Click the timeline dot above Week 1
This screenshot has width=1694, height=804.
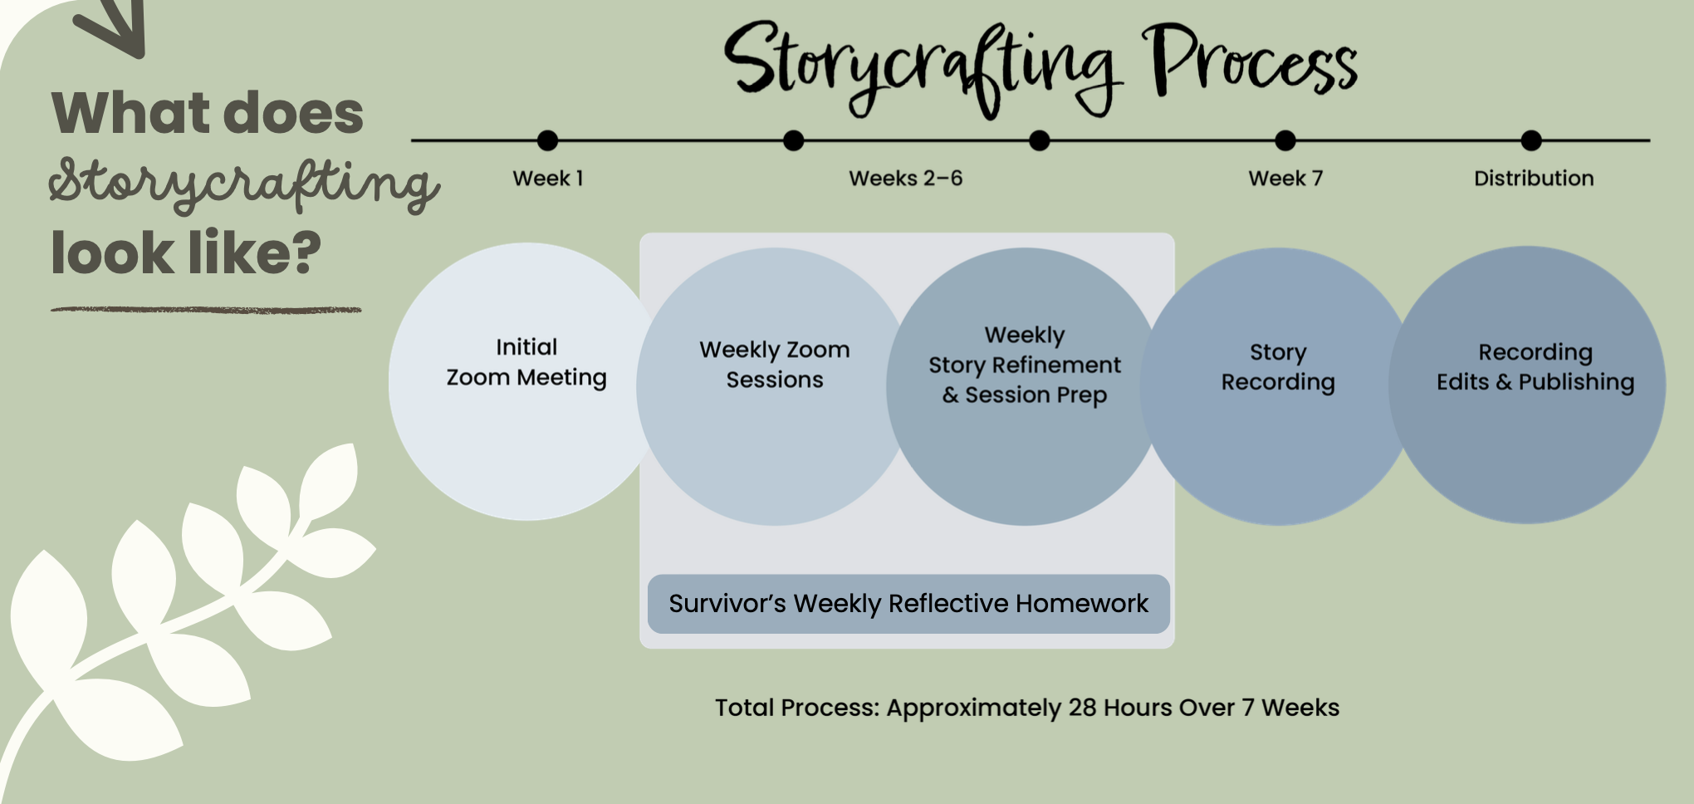pos(547,140)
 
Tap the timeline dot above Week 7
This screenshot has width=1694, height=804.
pos(1285,140)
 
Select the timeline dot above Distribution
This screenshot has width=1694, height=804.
pos(1531,140)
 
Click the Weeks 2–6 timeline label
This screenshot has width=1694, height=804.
pos(905,179)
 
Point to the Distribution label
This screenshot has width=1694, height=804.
pos(1534,179)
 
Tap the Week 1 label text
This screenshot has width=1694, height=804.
pos(548,179)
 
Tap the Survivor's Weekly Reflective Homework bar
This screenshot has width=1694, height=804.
pos(908,604)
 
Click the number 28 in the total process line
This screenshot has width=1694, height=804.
pos(1082,708)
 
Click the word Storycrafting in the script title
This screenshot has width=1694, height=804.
pos(922,66)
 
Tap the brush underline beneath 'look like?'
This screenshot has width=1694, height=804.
pos(206,311)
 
